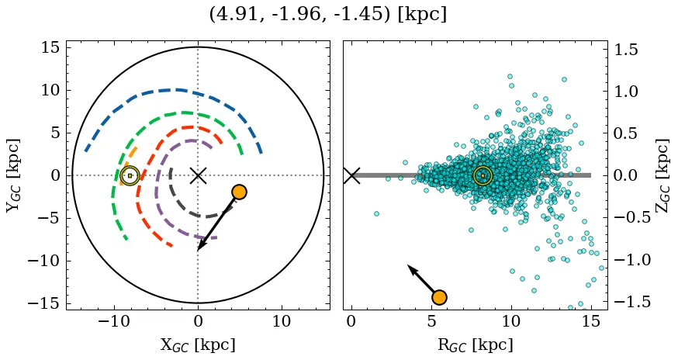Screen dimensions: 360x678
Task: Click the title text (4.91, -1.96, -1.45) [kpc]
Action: tap(328, 15)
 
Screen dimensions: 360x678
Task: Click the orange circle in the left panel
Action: tap(239, 192)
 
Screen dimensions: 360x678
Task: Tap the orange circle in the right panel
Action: tap(439, 297)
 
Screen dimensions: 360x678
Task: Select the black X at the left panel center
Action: tap(198, 175)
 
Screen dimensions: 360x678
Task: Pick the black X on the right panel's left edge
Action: tap(351, 175)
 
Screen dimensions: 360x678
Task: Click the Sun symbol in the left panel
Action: tap(130, 176)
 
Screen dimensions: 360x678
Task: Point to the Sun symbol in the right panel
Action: tap(483, 176)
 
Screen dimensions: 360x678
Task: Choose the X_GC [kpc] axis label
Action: tap(198, 344)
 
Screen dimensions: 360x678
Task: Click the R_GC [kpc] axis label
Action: tap(475, 344)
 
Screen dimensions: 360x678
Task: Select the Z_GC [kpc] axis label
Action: tap(662, 175)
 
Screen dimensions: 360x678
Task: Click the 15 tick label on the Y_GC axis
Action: tap(50, 48)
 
